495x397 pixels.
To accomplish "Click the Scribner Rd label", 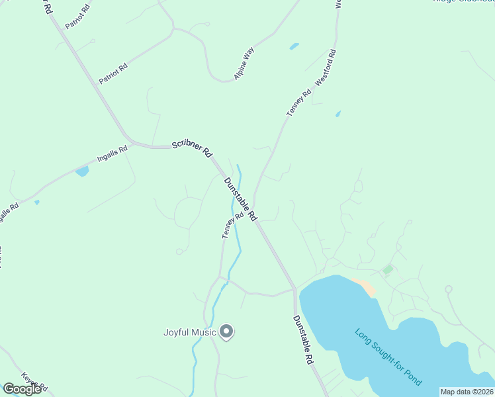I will click(x=191, y=148).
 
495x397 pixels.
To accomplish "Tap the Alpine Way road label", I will click(x=244, y=64).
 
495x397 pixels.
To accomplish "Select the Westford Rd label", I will click(x=326, y=67).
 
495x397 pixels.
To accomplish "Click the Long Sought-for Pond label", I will click(x=388, y=357).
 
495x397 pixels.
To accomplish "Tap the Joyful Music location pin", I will click(x=226, y=331).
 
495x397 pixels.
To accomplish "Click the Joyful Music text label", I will click(x=190, y=332).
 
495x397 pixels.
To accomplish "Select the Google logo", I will click(x=22, y=389).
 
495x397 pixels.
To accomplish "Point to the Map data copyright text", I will click(x=467, y=391).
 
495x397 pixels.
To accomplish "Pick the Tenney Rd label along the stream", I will click(x=229, y=226).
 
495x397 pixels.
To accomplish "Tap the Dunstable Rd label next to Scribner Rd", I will click(x=240, y=199).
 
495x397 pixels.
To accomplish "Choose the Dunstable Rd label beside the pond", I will click(x=302, y=340).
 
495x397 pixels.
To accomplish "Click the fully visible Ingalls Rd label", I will click(x=112, y=154).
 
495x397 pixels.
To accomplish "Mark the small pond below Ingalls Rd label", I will click(x=82, y=172).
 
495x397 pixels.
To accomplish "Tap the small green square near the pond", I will click(x=387, y=269).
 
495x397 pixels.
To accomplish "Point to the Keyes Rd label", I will click(x=34, y=380).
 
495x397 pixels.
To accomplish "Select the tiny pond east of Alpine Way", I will click(x=294, y=46).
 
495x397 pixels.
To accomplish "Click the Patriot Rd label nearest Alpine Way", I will click(x=113, y=72).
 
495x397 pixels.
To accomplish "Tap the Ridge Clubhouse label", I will click(x=463, y=2).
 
